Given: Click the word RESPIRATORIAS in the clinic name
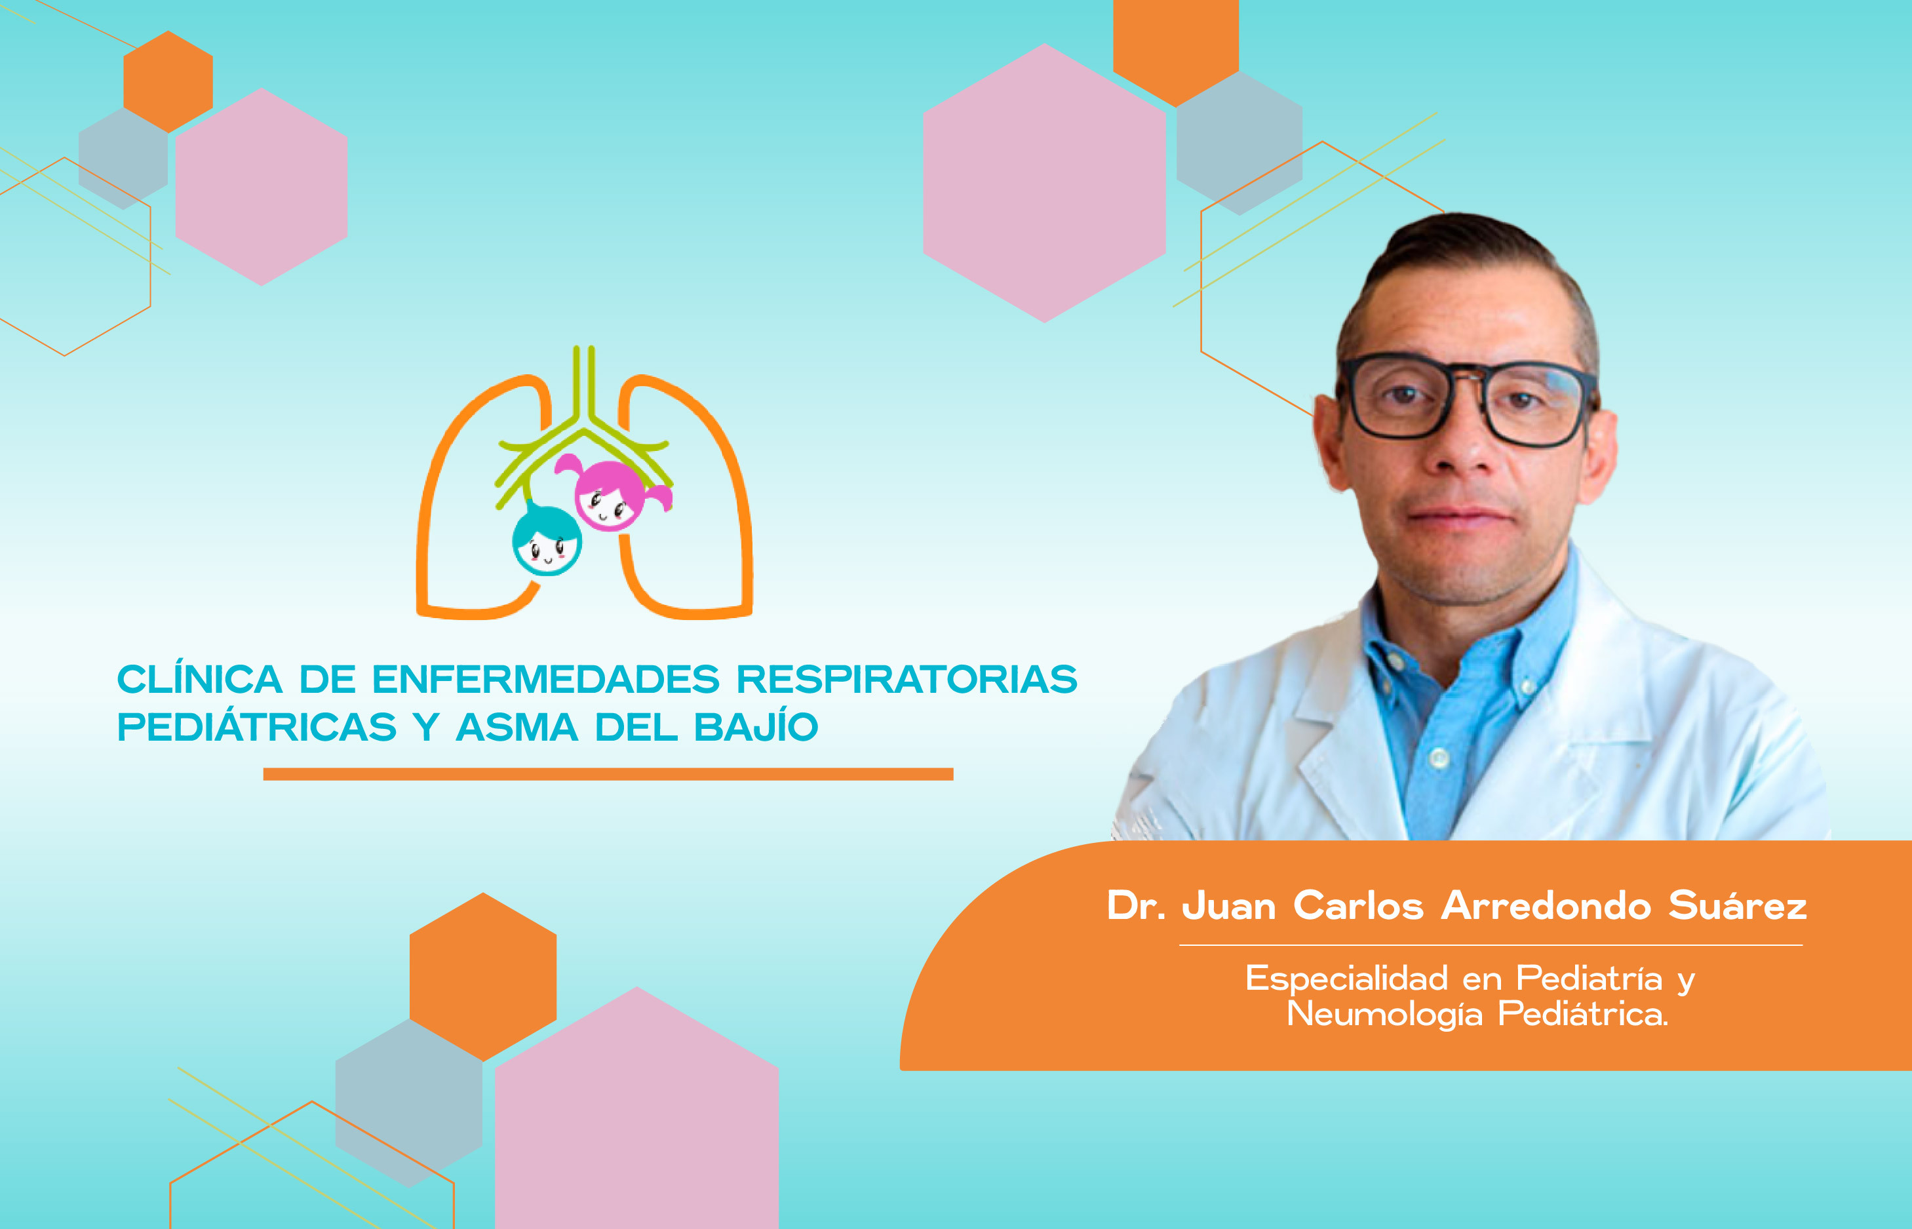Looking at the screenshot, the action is (x=907, y=680).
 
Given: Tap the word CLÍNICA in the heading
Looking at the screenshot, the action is (x=199, y=678).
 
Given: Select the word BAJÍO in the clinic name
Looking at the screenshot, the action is (x=756, y=726).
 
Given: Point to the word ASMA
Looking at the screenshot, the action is (x=517, y=728).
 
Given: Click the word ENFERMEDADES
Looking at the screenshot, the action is (x=546, y=680).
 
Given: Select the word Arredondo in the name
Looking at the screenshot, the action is (x=1546, y=906).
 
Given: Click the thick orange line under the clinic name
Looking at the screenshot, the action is (x=608, y=774).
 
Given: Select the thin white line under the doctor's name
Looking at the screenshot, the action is (x=1491, y=945).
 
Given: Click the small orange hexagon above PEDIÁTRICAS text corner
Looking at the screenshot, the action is (x=168, y=81).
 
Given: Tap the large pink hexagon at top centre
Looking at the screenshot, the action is (x=1044, y=183).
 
